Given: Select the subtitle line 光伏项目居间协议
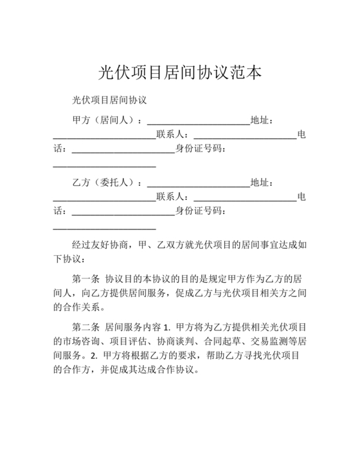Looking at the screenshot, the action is point(110,101).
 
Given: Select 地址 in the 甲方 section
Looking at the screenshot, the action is point(262,120).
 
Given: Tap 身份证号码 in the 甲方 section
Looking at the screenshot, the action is point(201,150).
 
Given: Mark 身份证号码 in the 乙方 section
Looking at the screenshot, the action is point(201,211).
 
